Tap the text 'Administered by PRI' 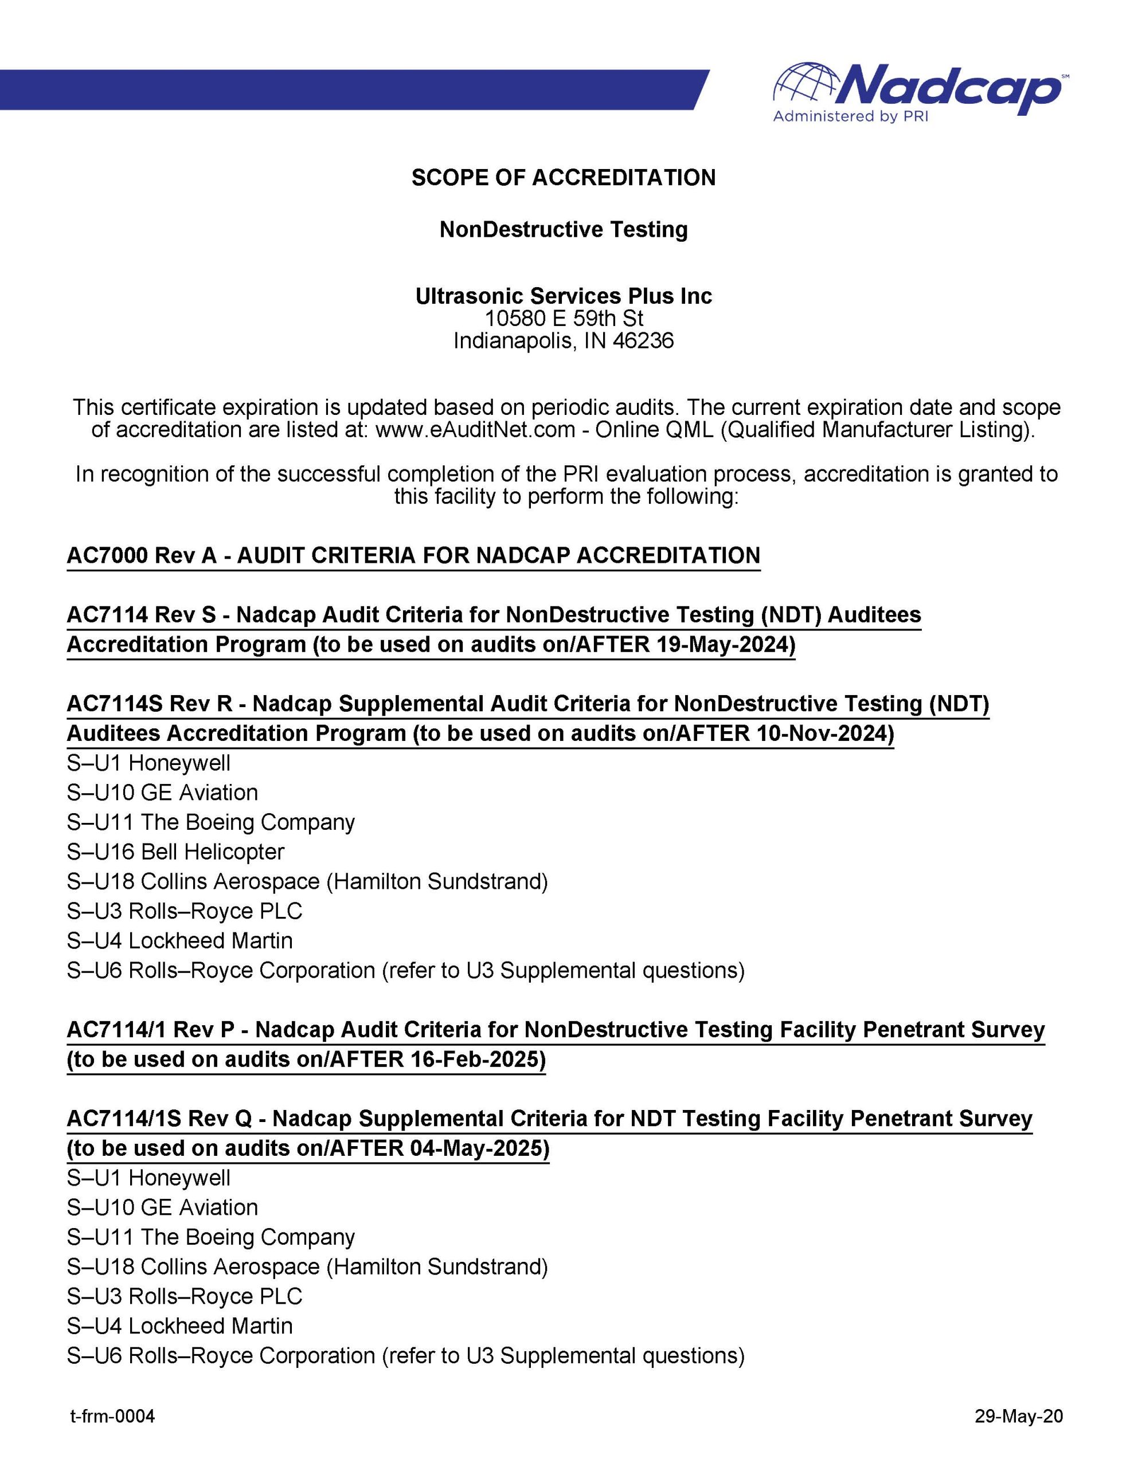pyautogui.click(x=850, y=117)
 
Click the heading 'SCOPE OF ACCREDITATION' pyautogui.click(x=564, y=178)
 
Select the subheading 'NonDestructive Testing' pyautogui.click(x=564, y=230)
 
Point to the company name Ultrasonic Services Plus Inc pyautogui.click(x=564, y=296)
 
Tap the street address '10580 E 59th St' pyautogui.click(x=564, y=319)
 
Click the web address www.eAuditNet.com pyautogui.click(x=476, y=430)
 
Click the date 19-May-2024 pyautogui.click(x=720, y=645)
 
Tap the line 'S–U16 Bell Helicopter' pyautogui.click(x=175, y=852)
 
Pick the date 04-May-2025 pyautogui.click(x=476, y=1148)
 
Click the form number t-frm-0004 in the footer pyautogui.click(x=112, y=1417)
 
